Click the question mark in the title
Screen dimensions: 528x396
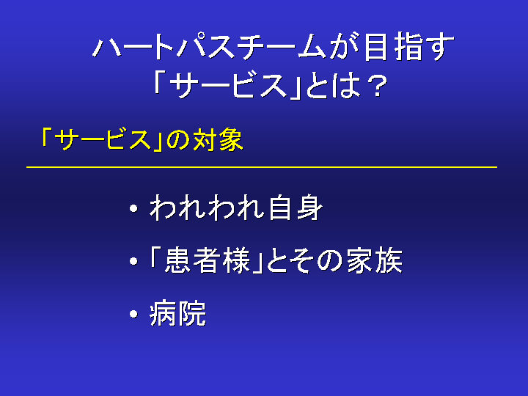point(377,87)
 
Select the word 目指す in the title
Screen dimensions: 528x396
point(409,47)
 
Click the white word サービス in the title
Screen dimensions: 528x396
point(229,87)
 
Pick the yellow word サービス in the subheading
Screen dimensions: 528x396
point(103,140)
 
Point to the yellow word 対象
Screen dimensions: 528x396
point(218,140)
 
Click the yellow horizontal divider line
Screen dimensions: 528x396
point(262,167)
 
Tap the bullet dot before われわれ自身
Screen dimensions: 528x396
point(133,209)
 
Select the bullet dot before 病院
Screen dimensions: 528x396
point(133,314)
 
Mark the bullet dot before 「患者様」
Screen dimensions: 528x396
point(133,261)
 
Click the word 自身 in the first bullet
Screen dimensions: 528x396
point(296,208)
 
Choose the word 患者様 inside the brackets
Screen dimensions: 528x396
point(208,260)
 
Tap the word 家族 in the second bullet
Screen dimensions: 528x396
point(375,260)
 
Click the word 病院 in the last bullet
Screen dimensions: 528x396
point(177,314)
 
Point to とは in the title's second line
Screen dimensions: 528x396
point(334,87)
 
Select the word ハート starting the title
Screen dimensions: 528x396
point(133,47)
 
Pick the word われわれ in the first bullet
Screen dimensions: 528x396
point(207,208)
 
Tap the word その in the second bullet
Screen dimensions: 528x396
point(317,261)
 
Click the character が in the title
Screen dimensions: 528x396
point(344,47)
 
